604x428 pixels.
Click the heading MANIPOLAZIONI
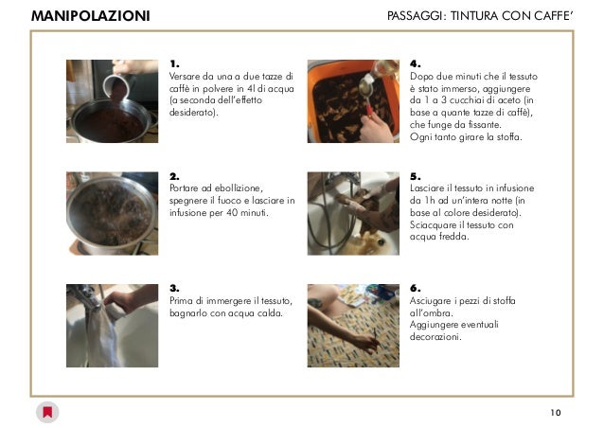pyautogui.click(x=91, y=16)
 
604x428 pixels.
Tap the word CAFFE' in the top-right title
pyautogui.click(x=553, y=16)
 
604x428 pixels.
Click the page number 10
pyautogui.click(x=556, y=413)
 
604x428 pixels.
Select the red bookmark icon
pyautogui.click(x=47, y=412)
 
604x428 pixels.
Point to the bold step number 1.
pyautogui.click(x=174, y=64)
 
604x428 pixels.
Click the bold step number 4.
pyautogui.click(x=415, y=64)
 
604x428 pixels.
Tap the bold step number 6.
pyautogui.click(x=415, y=288)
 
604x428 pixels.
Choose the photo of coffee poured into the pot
pyautogui.click(x=112, y=101)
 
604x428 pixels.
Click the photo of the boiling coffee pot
pyautogui.click(x=112, y=213)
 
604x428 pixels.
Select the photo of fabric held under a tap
pyautogui.click(x=112, y=326)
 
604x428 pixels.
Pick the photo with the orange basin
pyautogui.click(x=353, y=101)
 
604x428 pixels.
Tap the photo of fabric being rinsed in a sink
pyautogui.click(x=353, y=213)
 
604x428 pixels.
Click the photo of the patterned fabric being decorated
pyautogui.click(x=353, y=326)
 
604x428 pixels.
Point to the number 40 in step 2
pyautogui.click(x=232, y=213)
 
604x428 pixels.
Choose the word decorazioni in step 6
pyautogui.click(x=435, y=337)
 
